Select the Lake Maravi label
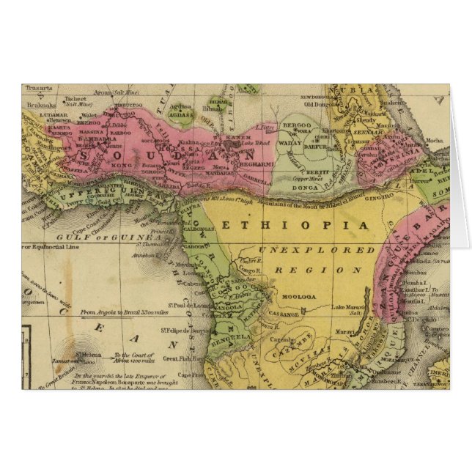point(348,307)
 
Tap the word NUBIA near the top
point(347,92)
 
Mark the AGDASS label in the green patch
point(179,115)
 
